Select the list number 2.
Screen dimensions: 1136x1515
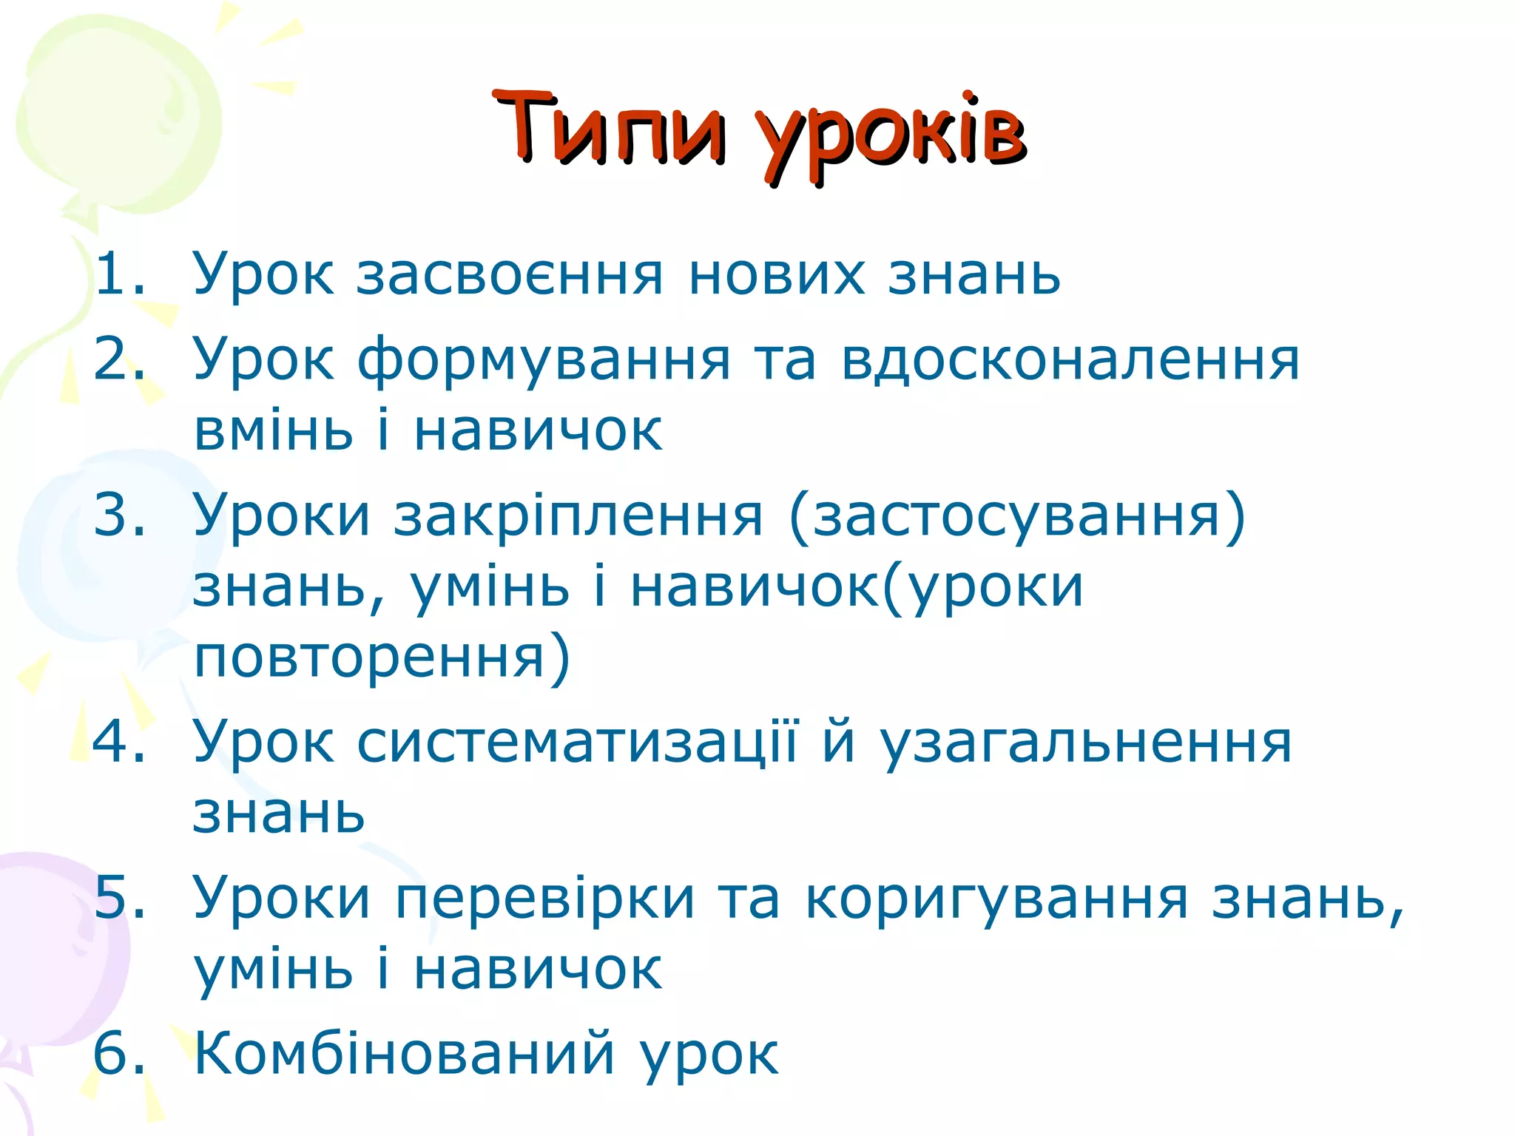click(x=112, y=359)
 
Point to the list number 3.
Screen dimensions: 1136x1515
click(x=112, y=515)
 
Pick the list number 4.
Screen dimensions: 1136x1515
click(x=112, y=741)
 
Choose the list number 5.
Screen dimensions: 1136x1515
click(x=112, y=898)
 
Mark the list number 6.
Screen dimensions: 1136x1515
click(x=112, y=1053)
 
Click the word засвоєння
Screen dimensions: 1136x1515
click(x=510, y=275)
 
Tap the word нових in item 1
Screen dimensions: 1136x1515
click(x=776, y=275)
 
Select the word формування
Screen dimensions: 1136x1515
click(x=544, y=361)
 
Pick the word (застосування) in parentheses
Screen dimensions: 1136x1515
click(x=1018, y=516)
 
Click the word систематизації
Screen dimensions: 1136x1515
click(x=577, y=743)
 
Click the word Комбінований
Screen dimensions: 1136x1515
click(x=404, y=1053)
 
